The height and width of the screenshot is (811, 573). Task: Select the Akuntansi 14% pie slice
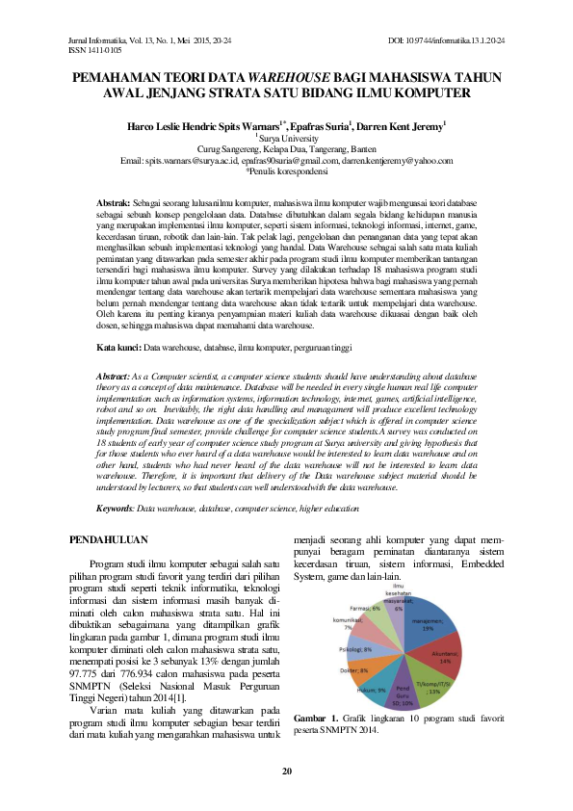point(443,661)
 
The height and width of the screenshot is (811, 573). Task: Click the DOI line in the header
point(446,39)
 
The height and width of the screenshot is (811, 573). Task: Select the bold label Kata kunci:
point(120,346)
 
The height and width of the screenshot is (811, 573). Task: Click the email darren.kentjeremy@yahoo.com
point(397,161)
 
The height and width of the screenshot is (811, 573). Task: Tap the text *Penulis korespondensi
point(286,171)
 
